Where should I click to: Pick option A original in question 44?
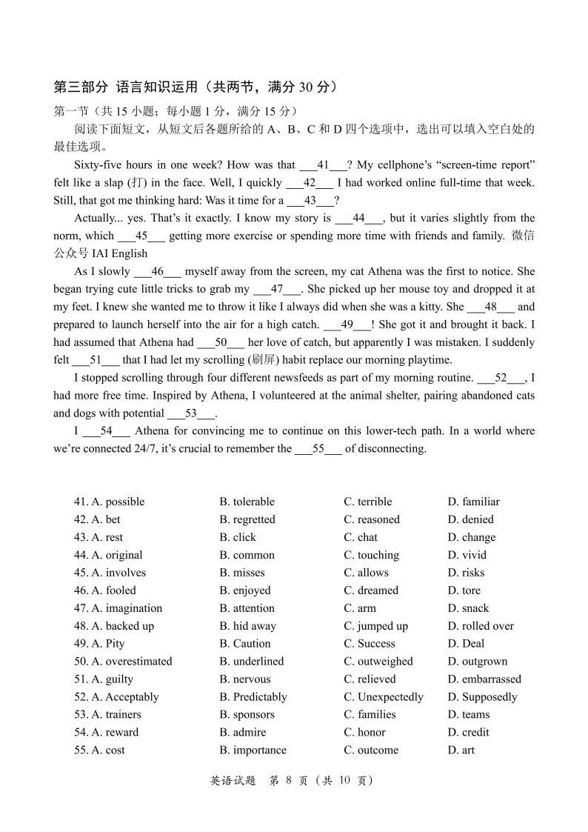click(x=108, y=555)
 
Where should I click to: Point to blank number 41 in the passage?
click(x=323, y=165)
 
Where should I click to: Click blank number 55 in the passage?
click(x=318, y=449)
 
